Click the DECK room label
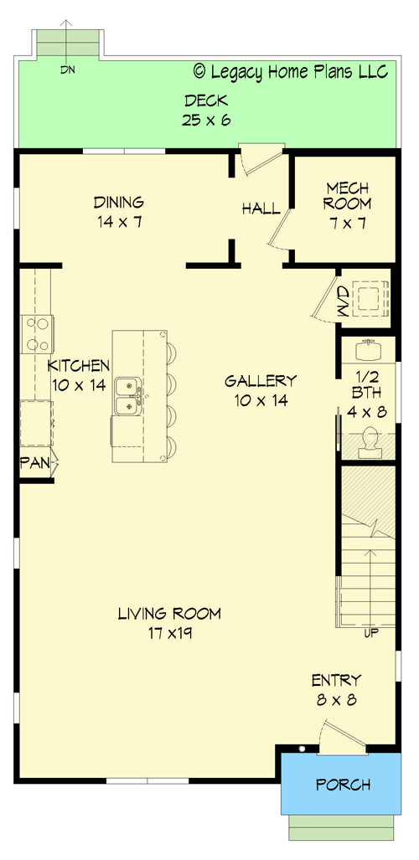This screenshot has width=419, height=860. [206, 101]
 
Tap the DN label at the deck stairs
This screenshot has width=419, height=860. [68, 70]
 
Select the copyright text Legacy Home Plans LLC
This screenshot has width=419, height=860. [291, 72]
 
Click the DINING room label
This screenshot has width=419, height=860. [118, 202]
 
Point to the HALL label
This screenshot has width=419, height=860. [261, 209]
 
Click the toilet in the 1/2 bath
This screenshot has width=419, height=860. [369, 440]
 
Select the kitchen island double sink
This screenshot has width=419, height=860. [127, 396]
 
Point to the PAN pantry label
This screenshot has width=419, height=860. [34, 461]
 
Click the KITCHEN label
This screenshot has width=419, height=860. [79, 366]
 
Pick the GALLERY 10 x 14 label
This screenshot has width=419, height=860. [261, 390]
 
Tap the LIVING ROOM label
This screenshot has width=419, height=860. [169, 614]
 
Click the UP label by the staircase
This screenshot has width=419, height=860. [371, 632]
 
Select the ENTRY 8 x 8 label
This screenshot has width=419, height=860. [336, 689]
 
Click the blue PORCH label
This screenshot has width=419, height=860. [343, 785]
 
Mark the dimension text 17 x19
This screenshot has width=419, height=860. [168, 633]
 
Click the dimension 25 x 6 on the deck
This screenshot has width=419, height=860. [206, 120]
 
